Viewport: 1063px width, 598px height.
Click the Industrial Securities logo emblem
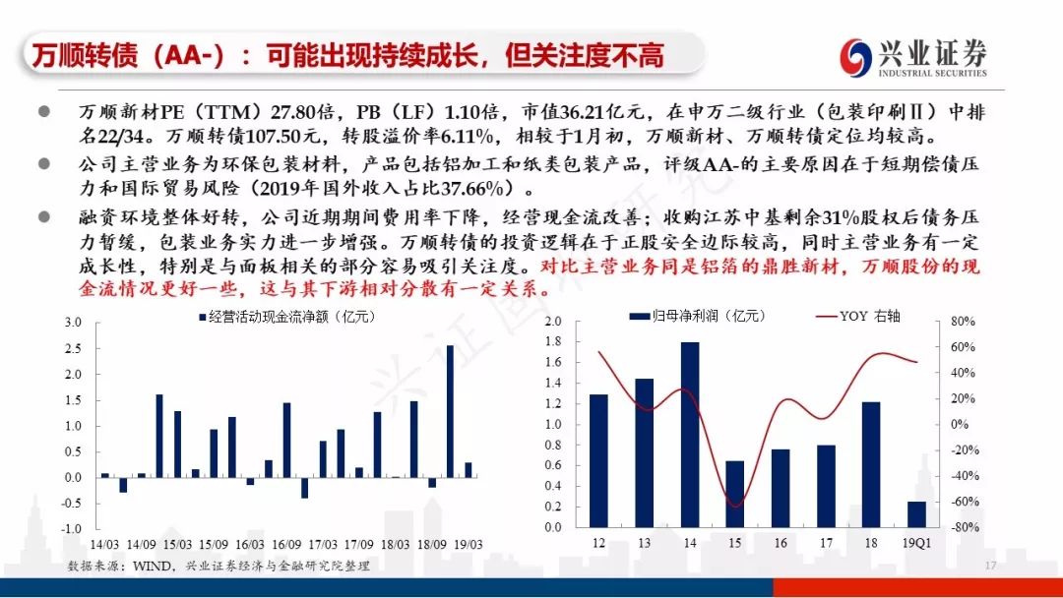coord(855,57)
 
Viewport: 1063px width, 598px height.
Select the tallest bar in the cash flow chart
coord(450,411)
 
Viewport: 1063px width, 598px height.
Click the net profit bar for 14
coord(689,435)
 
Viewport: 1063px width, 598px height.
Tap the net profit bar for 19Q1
coord(916,514)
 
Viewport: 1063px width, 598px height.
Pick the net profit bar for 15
coord(735,495)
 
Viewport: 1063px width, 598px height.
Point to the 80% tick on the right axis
coord(963,321)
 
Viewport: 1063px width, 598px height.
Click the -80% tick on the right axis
coord(961,527)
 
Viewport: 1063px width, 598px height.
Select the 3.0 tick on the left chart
coord(73,323)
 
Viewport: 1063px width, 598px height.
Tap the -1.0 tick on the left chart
coord(71,529)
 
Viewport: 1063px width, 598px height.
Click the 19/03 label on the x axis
coord(468,545)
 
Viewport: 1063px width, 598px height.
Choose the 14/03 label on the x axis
coord(104,545)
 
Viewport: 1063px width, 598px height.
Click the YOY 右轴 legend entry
coord(858,317)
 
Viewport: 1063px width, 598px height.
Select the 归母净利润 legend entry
coord(697,317)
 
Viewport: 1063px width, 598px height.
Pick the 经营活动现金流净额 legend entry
coord(286,317)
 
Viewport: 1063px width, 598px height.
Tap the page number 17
coord(990,565)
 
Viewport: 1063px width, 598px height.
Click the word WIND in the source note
coord(152,566)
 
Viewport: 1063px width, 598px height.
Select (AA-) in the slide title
coord(188,55)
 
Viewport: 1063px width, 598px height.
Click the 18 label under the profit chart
coord(871,543)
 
